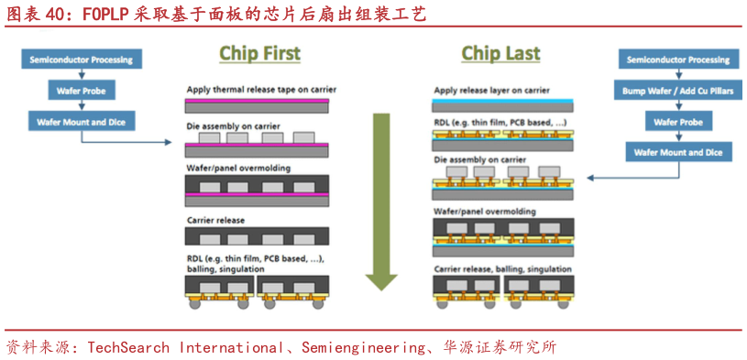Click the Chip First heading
coord(259,54)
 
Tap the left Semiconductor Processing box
coord(81,60)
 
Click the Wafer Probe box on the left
coord(81,91)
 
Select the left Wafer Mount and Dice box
coord(81,121)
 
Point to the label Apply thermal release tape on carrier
coord(261,90)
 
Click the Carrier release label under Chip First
coord(215,221)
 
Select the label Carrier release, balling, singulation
coord(502,269)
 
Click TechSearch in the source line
coord(125,348)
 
